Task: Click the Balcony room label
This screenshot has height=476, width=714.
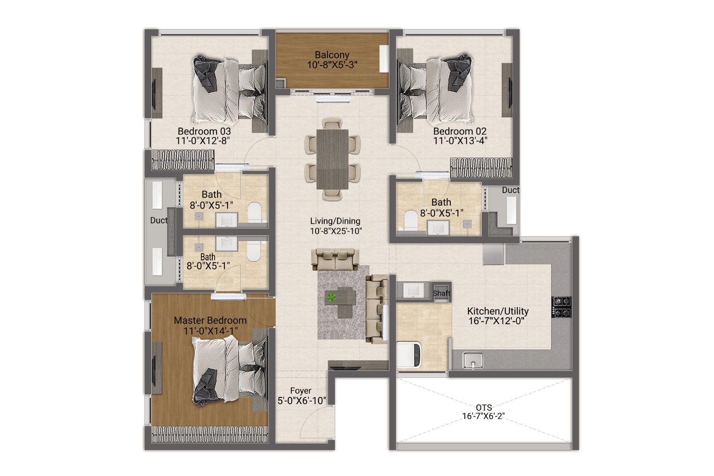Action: pos(332,55)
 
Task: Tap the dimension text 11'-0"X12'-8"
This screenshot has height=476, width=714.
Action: pos(203,141)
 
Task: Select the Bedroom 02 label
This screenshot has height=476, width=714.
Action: pos(460,131)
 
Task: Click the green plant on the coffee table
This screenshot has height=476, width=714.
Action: pos(331,298)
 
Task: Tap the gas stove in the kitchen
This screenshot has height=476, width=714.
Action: pos(562,307)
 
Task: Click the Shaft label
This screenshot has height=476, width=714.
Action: pos(441,293)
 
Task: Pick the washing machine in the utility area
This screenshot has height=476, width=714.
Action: pos(409,355)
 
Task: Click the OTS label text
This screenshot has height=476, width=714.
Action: pos(484,407)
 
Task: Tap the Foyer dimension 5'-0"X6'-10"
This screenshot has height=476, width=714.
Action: pos(302,401)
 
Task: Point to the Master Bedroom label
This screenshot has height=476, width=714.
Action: pos(210,320)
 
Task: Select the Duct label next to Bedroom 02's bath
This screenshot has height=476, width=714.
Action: pos(510,190)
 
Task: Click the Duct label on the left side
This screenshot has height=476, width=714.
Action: pos(159,220)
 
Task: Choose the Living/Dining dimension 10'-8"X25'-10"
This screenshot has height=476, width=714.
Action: pos(336,231)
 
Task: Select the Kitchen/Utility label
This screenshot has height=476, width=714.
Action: pos(497,311)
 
